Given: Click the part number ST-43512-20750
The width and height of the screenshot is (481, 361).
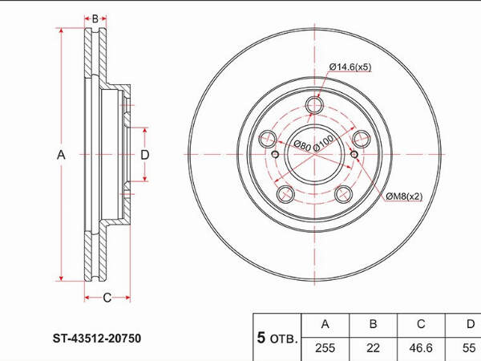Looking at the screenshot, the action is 97,339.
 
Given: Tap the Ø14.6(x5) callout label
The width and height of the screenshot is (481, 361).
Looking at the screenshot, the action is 350,67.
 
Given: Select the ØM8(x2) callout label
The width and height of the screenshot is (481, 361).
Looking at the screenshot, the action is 404,196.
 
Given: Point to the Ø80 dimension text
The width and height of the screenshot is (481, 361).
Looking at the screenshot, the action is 302,145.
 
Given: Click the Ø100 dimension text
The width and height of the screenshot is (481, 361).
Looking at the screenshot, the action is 323,144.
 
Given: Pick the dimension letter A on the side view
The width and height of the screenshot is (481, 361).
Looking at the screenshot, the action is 61,155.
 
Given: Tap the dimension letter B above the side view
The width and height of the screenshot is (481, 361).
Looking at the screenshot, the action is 95,18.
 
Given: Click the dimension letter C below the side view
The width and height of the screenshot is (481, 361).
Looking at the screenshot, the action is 107,298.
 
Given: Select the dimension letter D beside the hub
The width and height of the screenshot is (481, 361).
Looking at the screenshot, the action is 144,155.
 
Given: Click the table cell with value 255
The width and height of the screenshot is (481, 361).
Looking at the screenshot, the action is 325,348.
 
